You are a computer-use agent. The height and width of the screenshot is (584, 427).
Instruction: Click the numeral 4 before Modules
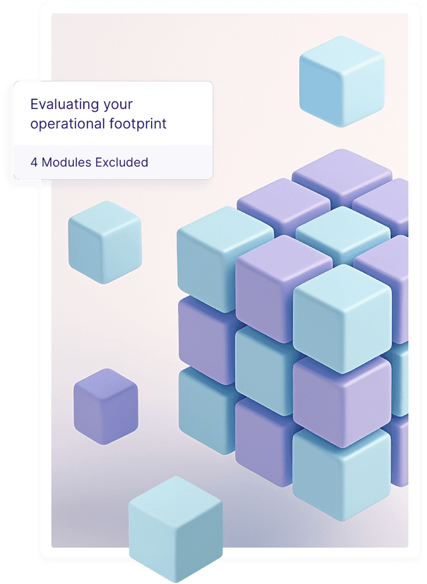pyautogui.click(x=34, y=163)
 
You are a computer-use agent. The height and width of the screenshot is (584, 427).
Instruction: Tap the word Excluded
pyautogui.click(x=121, y=163)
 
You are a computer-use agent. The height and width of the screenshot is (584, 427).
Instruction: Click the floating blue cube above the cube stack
pyautogui.click(x=341, y=80)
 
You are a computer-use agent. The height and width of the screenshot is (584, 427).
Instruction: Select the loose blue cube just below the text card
pyautogui.click(x=104, y=242)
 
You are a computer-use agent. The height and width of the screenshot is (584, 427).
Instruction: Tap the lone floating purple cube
pyautogui.click(x=105, y=405)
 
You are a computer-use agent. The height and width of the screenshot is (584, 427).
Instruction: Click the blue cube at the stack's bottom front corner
pyautogui.click(x=341, y=476)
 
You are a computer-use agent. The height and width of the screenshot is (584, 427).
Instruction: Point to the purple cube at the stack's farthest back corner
pyautogui.click(x=341, y=173)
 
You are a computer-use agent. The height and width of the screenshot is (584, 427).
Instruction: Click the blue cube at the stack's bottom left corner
pyautogui.click(x=205, y=408)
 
